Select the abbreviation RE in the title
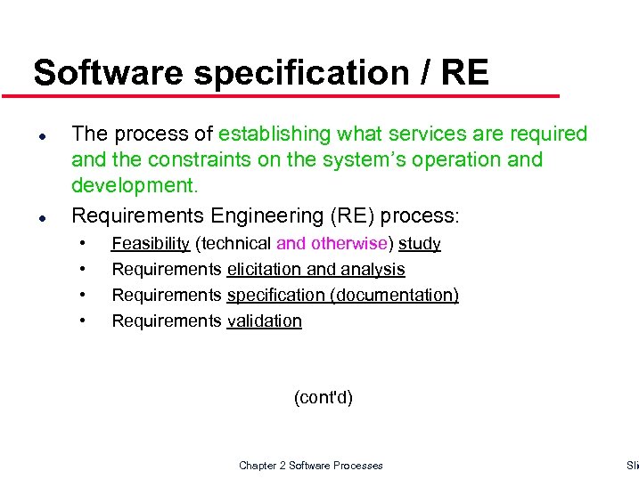pos(463,73)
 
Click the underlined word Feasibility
pos(151,243)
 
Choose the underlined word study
pos(419,243)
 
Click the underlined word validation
pos(265,321)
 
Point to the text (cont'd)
pos(324,397)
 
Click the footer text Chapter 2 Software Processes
pos(311,465)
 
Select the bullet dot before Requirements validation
pos(83,320)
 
